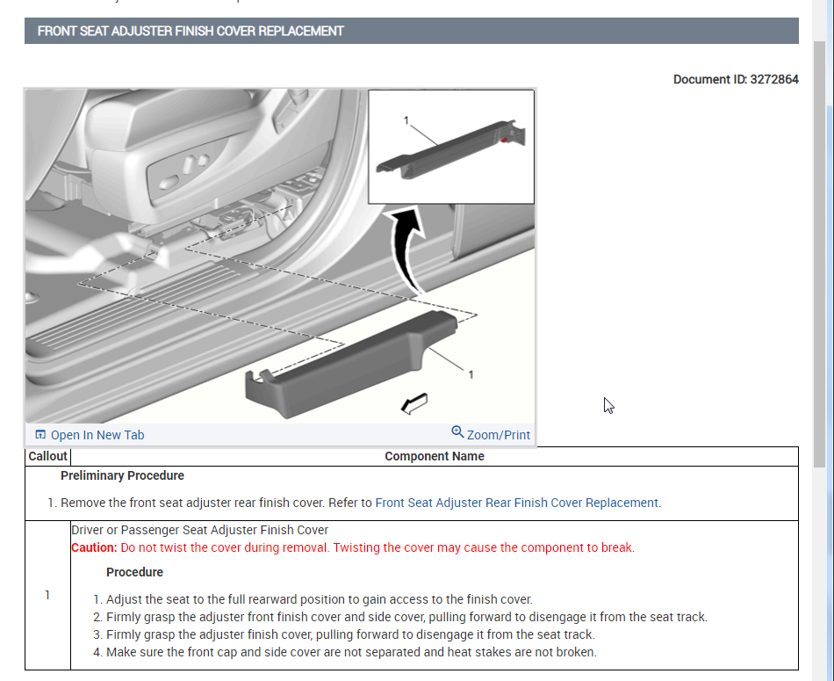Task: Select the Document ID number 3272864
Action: pos(773,79)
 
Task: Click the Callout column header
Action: pos(47,456)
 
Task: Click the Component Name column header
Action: pos(435,456)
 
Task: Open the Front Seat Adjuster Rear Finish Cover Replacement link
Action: pos(517,503)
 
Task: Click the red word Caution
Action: pos(93,547)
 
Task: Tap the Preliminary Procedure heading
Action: pos(122,475)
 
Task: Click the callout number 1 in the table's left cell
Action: pos(47,595)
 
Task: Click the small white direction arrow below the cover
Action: pos(413,403)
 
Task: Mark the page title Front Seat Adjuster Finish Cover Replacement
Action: pos(191,31)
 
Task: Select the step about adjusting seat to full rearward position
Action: pos(319,599)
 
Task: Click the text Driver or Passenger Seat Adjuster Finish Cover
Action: pos(200,530)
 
